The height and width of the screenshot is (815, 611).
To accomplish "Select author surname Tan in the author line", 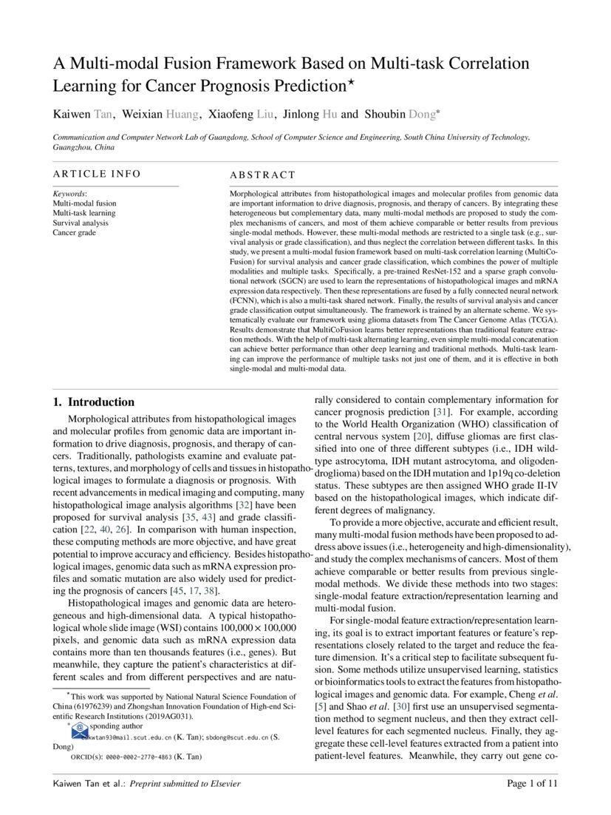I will [103, 114].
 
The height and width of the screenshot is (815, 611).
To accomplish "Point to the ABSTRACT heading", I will [262, 175].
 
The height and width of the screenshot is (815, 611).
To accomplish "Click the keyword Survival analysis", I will [81, 223].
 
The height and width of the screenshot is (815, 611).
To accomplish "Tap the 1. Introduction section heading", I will [94, 402].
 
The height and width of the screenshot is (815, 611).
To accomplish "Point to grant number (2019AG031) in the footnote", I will [169, 717].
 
